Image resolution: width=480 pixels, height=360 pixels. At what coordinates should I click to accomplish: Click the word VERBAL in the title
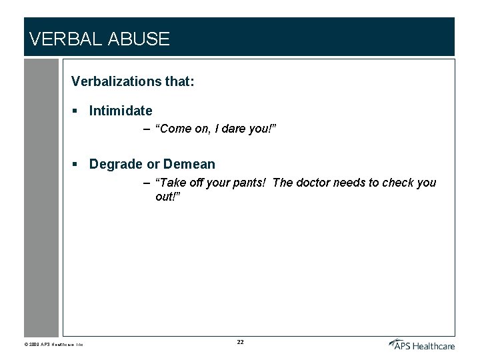(x=63, y=39)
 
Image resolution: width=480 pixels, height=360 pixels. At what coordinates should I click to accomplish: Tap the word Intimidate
(x=121, y=111)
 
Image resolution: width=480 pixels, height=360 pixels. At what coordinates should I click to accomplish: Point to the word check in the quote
(x=398, y=183)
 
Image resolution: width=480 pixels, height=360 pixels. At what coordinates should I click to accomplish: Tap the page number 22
(x=240, y=342)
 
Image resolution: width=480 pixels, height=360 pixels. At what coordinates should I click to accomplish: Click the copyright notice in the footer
(x=53, y=345)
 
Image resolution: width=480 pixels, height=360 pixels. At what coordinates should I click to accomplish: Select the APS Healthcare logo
(x=421, y=344)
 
